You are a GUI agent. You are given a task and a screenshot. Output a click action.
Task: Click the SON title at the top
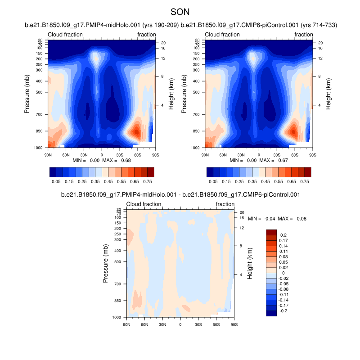(x=180, y=12)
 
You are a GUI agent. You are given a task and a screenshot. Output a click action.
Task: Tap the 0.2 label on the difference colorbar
(x=283, y=235)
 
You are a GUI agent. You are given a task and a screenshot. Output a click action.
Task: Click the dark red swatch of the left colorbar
(x=150, y=172)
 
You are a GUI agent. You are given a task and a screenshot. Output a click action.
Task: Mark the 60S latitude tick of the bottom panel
(x=216, y=324)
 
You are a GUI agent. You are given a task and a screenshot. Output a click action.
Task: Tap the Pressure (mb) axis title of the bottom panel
(x=106, y=264)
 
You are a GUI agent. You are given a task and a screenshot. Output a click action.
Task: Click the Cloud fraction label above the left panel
(x=65, y=35)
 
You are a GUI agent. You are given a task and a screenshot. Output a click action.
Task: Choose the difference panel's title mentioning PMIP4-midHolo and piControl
(x=180, y=195)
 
